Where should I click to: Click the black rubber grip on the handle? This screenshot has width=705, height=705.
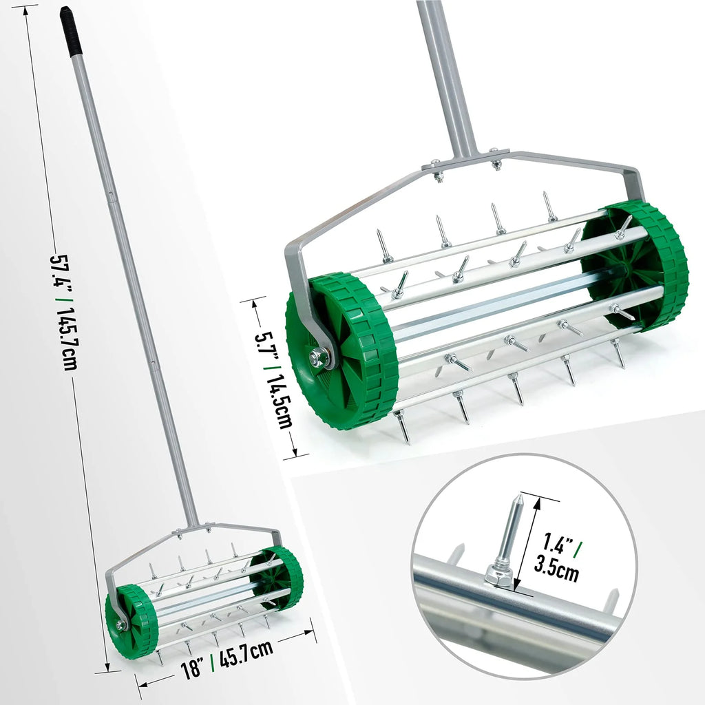[x=70, y=31]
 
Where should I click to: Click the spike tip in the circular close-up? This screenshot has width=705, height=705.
[x=518, y=498]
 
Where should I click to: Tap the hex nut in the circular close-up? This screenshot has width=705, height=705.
[x=499, y=574]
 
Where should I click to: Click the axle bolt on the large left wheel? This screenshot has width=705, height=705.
[x=319, y=357]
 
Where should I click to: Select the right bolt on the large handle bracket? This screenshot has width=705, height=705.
[x=496, y=163]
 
